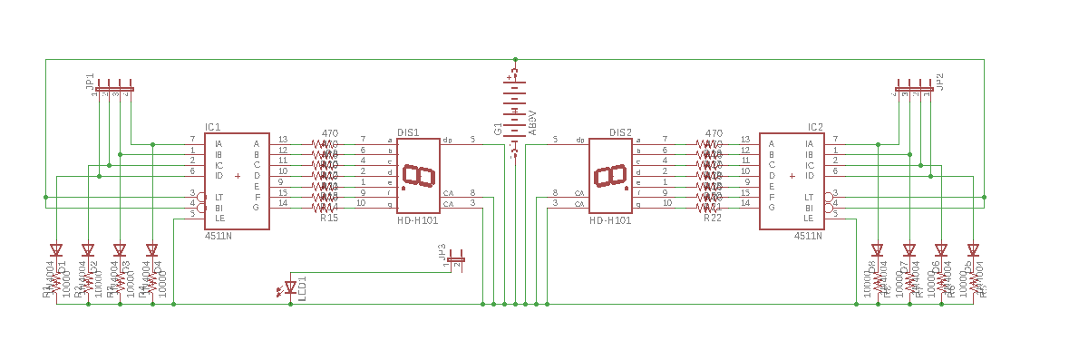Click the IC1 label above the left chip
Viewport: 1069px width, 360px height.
[212, 127]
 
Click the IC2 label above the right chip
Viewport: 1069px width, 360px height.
[815, 127]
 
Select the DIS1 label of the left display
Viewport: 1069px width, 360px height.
[408, 132]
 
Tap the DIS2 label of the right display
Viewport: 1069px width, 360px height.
[620, 132]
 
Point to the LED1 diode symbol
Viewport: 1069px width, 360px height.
[291, 287]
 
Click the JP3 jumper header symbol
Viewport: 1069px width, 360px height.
[456, 260]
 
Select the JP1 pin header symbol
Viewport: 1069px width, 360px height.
[114, 89]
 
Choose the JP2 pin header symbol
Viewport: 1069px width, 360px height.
[914, 89]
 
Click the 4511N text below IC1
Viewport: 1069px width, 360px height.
[218, 235]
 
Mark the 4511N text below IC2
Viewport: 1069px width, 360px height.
[808, 235]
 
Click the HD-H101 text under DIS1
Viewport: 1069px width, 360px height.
[418, 220]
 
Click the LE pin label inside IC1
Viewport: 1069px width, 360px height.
[219, 218]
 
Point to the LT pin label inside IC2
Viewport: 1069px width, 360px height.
[808, 197]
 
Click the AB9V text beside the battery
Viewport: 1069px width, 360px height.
[532, 120]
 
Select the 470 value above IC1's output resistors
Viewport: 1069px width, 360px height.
[330, 133]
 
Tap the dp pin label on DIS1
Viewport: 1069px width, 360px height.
[447, 141]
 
